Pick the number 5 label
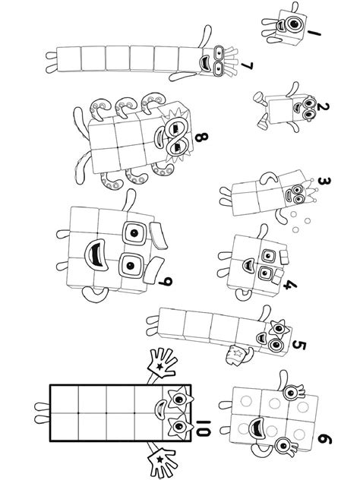[x=299, y=346]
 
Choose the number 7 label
[x=245, y=67]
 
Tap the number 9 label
[x=166, y=283]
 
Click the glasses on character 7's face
[x=219, y=61]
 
